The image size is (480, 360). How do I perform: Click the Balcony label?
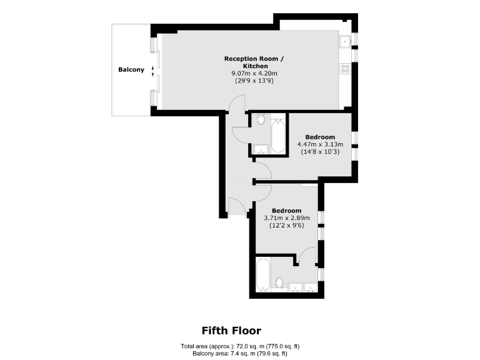click(131, 70)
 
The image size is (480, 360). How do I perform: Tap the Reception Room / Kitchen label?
click(254, 62)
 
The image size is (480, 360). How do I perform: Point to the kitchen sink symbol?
click(344, 42)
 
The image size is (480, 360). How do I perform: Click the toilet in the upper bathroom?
click(261, 119)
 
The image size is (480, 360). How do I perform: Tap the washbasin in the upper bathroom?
click(261, 149)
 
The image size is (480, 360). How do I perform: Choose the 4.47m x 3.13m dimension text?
click(320, 144)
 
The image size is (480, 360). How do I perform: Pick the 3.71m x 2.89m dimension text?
click(287, 217)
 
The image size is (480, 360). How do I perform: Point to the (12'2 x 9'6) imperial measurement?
click(287, 225)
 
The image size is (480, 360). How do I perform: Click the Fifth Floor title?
click(231, 331)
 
